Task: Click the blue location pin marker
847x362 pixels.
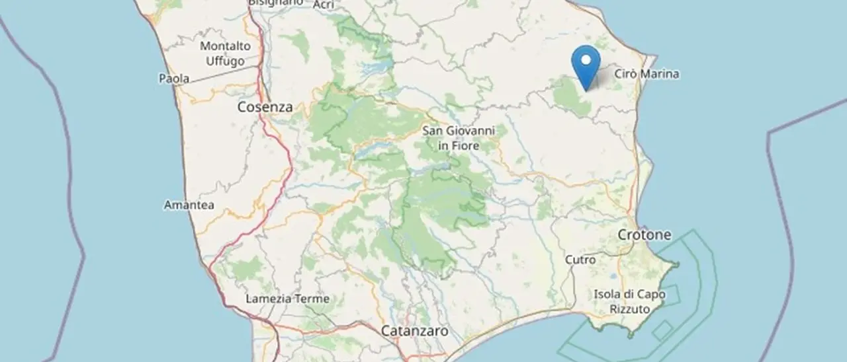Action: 585,66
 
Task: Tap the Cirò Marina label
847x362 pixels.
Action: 646,74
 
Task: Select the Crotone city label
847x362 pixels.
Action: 645,235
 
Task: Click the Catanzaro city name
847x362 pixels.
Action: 415,330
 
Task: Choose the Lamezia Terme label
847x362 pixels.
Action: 287,299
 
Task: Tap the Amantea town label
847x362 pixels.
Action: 189,205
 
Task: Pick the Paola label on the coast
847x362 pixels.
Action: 174,79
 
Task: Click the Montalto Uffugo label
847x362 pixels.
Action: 225,54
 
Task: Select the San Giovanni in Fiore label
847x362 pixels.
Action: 458,137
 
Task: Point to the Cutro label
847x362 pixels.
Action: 580,260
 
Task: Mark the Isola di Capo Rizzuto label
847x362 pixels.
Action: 629,301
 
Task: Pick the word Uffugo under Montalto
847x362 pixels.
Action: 225,61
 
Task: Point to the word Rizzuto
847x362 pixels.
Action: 629,308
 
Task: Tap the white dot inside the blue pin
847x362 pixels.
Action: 585,60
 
